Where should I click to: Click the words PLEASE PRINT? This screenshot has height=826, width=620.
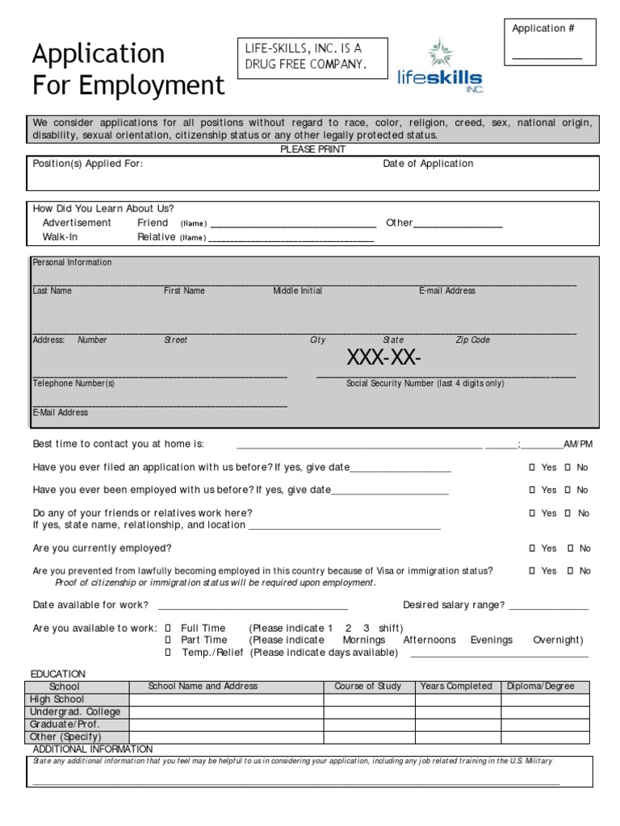(x=312, y=150)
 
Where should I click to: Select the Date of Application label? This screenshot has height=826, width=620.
(x=428, y=164)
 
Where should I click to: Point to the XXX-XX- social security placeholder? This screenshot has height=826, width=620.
(x=384, y=357)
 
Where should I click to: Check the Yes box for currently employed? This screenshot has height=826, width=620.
(x=531, y=549)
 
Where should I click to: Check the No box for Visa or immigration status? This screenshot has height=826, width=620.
(x=569, y=571)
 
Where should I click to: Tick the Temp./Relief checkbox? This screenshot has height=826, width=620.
(x=169, y=653)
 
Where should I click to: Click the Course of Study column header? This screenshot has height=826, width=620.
(x=367, y=686)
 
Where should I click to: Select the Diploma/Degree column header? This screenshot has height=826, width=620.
(x=541, y=686)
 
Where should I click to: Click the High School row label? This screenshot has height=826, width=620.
(x=57, y=699)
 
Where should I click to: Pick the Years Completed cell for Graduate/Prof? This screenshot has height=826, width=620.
(x=456, y=724)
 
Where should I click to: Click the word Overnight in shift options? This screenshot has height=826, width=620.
(x=557, y=640)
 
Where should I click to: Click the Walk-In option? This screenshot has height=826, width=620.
(x=61, y=237)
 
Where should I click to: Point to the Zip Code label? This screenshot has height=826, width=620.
(x=472, y=340)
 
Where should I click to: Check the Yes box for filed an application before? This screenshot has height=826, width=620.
(x=531, y=468)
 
